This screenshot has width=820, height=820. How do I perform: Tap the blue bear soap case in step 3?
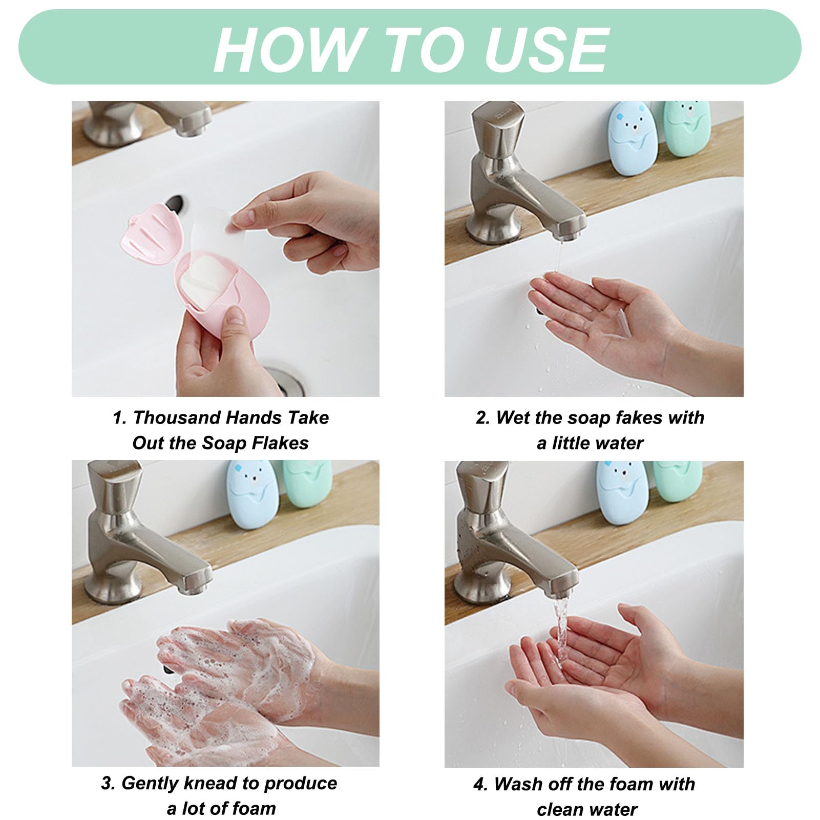pyautogui.click(x=253, y=494)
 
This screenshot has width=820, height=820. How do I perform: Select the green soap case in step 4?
pyautogui.click(x=677, y=480)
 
